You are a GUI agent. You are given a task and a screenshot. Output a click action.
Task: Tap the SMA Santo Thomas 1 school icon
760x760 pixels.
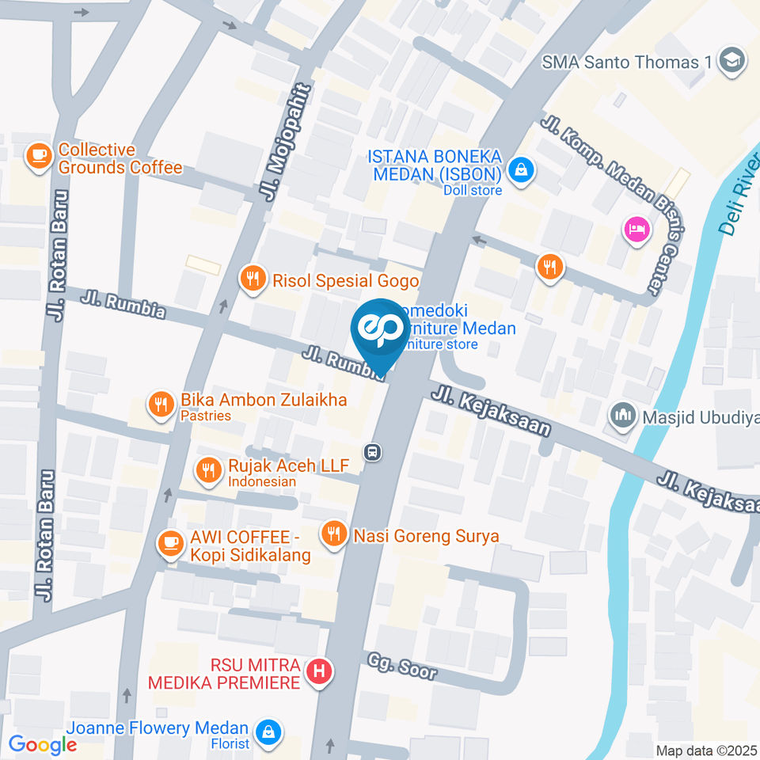[x=731, y=61]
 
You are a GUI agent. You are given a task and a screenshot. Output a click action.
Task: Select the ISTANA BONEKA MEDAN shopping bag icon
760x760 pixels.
[x=521, y=169]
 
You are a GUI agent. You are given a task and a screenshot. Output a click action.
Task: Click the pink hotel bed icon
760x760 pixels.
[x=637, y=230]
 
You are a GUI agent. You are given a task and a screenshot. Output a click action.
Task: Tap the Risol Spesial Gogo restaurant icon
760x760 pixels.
[x=253, y=279]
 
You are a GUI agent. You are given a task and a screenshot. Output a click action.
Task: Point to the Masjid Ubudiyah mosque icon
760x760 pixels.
[x=623, y=414]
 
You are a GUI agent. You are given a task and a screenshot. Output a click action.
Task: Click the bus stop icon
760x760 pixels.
[x=371, y=452]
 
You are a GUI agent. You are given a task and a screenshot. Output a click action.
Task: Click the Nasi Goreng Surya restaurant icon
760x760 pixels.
[x=333, y=535]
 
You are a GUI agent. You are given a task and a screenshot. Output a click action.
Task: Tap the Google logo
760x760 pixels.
[x=43, y=744]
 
